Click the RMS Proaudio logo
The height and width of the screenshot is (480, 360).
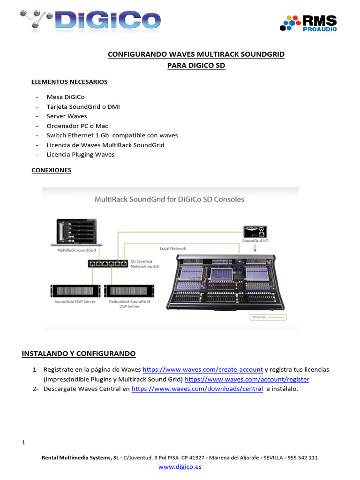pyautogui.click(x=308, y=22)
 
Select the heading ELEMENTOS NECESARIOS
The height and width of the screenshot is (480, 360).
pyautogui.click(x=69, y=82)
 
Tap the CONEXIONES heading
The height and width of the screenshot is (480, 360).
pyautogui.click(x=51, y=170)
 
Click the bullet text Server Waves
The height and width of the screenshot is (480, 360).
pyautogui.click(x=67, y=116)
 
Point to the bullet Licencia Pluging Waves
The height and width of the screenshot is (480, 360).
pyautogui.click(x=80, y=154)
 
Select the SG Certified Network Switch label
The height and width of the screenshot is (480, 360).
pyautogui.click(x=144, y=264)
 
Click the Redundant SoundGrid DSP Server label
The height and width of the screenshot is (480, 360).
pyautogui.click(x=129, y=303)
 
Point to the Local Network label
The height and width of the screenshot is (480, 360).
pyautogui.click(x=172, y=248)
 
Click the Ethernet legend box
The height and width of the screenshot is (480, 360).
pyautogui.click(x=268, y=317)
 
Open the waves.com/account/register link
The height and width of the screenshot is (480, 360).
pyautogui.click(x=247, y=379)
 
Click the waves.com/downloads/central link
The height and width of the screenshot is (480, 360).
pyautogui.click(x=197, y=389)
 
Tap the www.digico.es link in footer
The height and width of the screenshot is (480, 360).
pyautogui.click(x=180, y=467)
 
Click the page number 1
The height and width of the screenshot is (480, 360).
pyautogui.click(x=23, y=442)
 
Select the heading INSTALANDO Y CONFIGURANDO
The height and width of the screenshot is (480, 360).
pyautogui.click(x=79, y=353)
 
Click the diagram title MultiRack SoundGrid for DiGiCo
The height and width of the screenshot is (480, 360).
pyautogui.click(x=169, y=199)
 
